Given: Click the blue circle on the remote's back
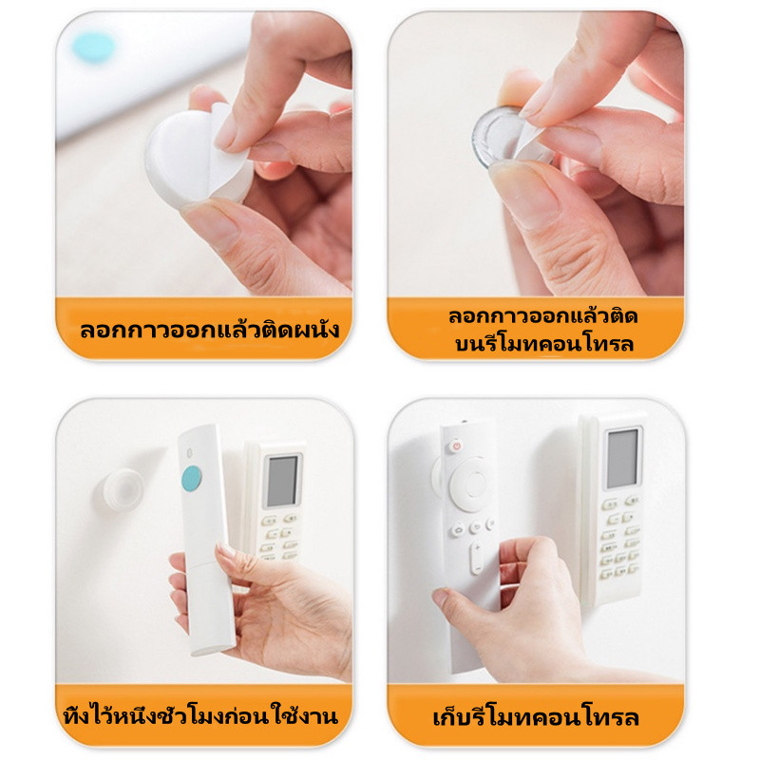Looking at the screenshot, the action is point(192,478).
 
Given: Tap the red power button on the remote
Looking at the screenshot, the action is point(455,445).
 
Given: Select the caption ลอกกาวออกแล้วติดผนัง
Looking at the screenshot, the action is point(209,330).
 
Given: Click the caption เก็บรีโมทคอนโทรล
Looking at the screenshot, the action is point(536,717).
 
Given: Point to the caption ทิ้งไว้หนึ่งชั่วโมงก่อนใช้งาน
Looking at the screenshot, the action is point(201,715).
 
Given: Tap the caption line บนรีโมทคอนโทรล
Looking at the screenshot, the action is point(543,344).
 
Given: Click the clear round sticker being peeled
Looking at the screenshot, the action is point(502,138).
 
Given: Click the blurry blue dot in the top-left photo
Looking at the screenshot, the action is point(93,47).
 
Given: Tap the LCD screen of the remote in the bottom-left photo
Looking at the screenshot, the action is point(281,481).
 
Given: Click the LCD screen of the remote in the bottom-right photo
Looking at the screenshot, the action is point(622,459).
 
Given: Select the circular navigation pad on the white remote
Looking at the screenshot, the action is point(468,484).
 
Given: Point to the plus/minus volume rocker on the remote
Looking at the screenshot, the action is point(477,558).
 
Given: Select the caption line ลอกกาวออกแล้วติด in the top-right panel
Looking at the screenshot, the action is point(542,316).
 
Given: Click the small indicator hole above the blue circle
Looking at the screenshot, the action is point(189,453).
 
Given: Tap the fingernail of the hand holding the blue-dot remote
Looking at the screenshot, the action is point(226,551).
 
